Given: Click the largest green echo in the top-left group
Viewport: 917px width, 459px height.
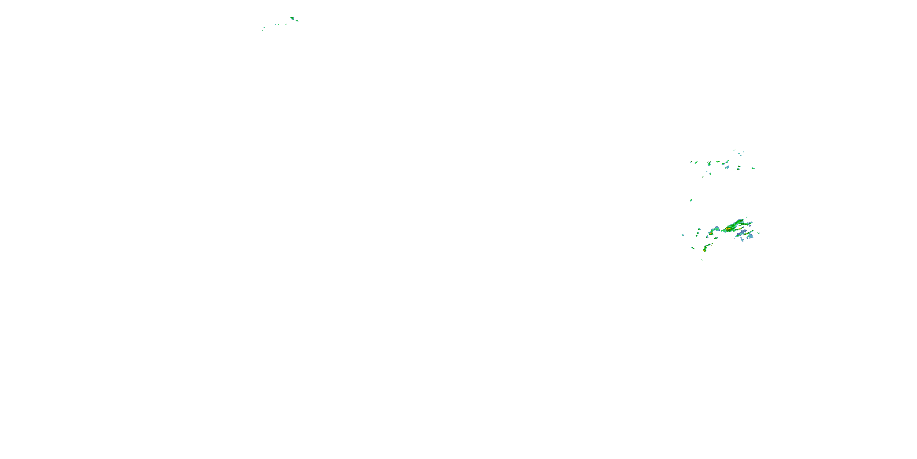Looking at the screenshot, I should (292, 17).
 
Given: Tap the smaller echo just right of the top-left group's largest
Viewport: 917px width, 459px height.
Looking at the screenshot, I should (297, 20).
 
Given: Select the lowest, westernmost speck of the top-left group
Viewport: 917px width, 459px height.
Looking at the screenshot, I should (263, 30).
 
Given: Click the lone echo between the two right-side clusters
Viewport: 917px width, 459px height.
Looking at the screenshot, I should (691, 200).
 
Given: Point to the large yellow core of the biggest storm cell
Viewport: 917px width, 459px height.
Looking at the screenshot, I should (728, 229).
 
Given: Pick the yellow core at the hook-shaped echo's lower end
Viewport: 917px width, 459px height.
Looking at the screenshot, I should (711, 234).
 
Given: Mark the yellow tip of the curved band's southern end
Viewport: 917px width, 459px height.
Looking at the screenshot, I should (705, 251).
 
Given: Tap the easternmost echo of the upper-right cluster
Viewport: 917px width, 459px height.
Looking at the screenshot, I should (753, 168).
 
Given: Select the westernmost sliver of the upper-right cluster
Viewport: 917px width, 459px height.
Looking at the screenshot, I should (691, 162).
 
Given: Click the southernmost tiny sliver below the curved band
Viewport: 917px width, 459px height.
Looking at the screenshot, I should (702, 260).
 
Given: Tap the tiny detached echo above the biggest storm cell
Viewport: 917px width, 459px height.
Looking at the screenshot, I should (747, 217).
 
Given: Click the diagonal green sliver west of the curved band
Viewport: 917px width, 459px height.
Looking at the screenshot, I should (693, 248).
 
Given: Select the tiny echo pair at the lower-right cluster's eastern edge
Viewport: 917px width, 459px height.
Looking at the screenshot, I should (759, 233).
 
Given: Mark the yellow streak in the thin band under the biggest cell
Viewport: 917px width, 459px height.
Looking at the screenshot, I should (740, 229).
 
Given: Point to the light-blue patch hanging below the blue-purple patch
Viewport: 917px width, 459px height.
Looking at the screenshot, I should (742, 240).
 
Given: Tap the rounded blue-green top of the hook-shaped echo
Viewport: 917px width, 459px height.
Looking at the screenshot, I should (718, 229).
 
